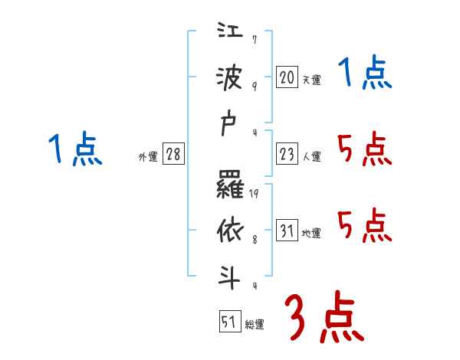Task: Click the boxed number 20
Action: point(287,77)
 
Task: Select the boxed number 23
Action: point(287,154)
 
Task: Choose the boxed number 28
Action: point(173,154)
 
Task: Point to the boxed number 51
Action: point(228,322)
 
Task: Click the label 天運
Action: point(311,80)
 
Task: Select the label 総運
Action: point(255,325)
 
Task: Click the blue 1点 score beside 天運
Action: point(365,75)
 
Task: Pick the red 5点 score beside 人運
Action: point(365,149)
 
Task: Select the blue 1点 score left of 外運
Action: point(75,149)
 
